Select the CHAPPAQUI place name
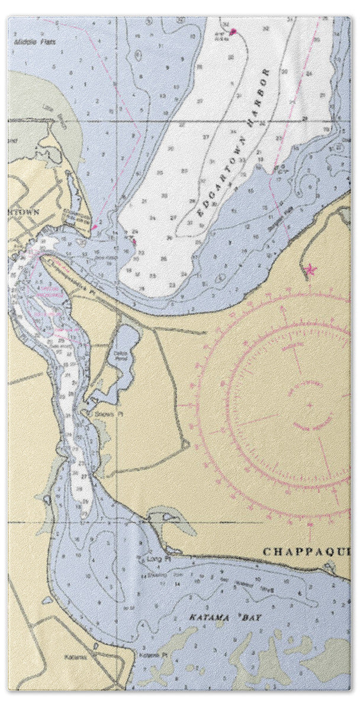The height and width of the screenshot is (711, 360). [x=306, y=552]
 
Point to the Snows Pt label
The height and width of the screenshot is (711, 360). [x=104, y=414]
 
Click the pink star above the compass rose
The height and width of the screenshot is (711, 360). [x=309, y=270]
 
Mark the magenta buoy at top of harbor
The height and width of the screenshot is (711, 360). [x=233, y=31]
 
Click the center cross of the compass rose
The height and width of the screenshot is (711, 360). [x=310, y=405]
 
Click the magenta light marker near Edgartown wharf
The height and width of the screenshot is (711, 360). [x=94, y=227]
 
